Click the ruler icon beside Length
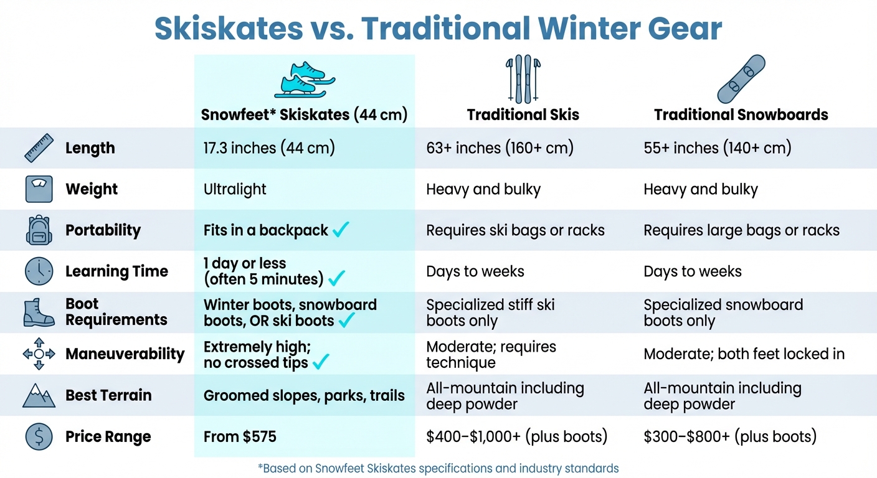click(39, 148)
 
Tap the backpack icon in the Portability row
click(39, 230)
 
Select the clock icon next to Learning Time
click(39, 271)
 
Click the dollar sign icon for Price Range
click(39, 436)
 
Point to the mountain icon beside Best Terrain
click(39, 395)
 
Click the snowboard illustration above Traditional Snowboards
click(741, 79)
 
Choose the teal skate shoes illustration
click(305, 80)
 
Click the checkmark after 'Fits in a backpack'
click(341, 229)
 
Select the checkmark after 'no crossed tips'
click(321, 362)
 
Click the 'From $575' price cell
click(240, 436)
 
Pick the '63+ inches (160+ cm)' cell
click(500, 148)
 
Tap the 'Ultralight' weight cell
click(235, 189)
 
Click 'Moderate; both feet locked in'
click(744, 354)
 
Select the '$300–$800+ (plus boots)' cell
click(730, 436)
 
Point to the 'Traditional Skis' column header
click(523, 115)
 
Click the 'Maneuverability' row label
click(125, 354)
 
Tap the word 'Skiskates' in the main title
click(229, 28)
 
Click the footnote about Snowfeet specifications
click(439, 468)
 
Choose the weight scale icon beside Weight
click(39, 189)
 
